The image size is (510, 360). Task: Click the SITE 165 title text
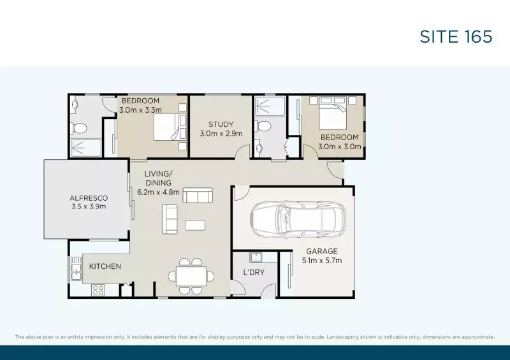pos(456,36)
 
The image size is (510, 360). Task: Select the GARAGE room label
pos(321,251)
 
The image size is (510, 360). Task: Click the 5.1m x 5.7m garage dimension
pos(321,261)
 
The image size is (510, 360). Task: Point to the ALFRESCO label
pos(88,198)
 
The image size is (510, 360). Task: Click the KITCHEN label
pos(105,266)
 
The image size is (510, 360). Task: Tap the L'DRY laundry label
pos(254,273)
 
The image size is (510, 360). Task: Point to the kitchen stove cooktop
pos(98,290)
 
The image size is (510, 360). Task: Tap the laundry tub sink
pos(257,257)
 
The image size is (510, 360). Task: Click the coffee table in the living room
pos(196,225)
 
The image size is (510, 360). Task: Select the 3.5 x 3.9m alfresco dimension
pos(88,206)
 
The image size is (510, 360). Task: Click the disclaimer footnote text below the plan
pos(254,336)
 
